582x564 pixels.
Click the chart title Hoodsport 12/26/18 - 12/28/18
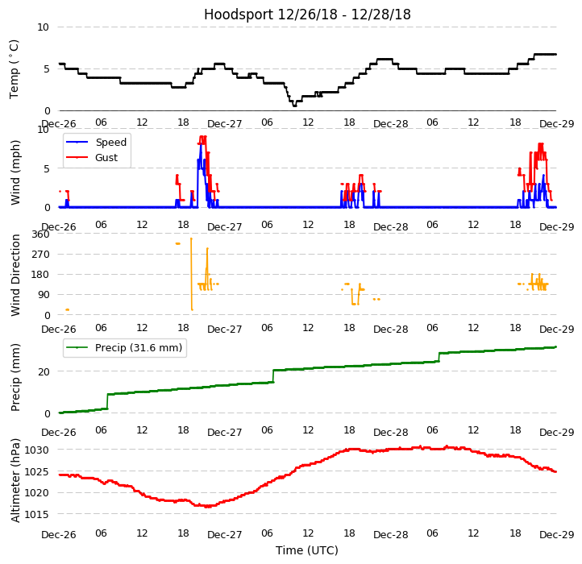coord(307,15)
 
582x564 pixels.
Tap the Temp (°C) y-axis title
coord(15,68)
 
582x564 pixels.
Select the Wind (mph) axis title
coord(15,172)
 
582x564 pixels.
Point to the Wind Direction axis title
coord(15,274)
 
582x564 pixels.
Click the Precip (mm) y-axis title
coord(15,377)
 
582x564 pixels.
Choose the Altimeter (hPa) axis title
coord(15,479)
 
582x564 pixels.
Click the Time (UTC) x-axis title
coord(307,550)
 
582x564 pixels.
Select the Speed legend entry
coord(110,143)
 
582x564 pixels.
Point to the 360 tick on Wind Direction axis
coord(39,234)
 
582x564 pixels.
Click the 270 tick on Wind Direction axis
coord(39,255)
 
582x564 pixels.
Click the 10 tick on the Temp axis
coord(44,27)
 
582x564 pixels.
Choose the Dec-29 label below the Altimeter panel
coord(556,535)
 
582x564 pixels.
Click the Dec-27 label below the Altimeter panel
coord(225,535)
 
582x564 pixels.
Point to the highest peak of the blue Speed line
coord(201,145)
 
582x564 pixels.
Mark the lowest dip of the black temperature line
coord(294,106)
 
